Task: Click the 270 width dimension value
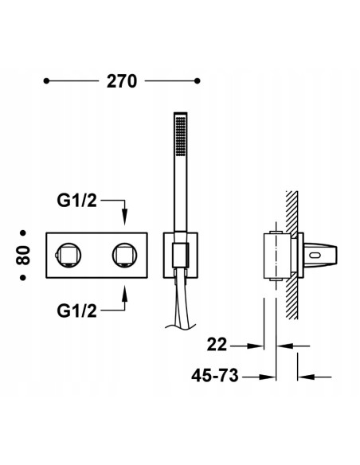(x=119, y=81)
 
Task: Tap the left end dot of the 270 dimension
(x=47, y=81)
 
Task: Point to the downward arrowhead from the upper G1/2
(x=124, y=215)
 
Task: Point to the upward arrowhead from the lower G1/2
(x=124, y=294)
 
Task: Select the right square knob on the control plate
(x=124, y=255)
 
